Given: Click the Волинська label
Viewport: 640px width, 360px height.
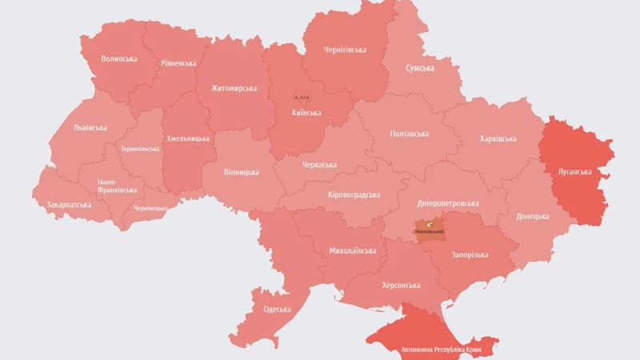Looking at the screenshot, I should [x=119, y=58].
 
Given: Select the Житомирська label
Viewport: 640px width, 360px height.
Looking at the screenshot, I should [x=234, y=88].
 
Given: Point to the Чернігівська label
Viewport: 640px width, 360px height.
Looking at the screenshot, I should [x=345, y=50].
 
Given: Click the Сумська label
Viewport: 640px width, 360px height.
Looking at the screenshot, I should [x=420, y=68].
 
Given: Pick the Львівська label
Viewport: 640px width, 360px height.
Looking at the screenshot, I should [x=90, y=127].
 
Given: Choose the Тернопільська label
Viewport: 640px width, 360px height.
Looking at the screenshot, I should [x=140, y=149].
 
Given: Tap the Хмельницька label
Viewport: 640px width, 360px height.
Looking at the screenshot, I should [x=188, y=138].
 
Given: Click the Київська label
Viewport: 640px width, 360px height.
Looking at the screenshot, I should [x=306, y=113].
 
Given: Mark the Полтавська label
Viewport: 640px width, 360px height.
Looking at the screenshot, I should [x=409, y=134].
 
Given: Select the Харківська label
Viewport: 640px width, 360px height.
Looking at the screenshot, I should [x=498, y=138].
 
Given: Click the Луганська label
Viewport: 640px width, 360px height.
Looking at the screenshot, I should [x=575, y=171].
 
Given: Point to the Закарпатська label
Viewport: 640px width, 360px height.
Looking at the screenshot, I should [x=69, y=204].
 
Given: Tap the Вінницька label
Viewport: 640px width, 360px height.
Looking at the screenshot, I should [x=242, y=172].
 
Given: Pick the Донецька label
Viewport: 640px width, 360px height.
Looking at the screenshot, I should [x=532, y=216].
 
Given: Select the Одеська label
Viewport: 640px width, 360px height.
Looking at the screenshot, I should [x=277, y=310].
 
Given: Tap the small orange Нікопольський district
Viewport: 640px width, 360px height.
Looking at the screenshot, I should [x=430, y=230].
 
